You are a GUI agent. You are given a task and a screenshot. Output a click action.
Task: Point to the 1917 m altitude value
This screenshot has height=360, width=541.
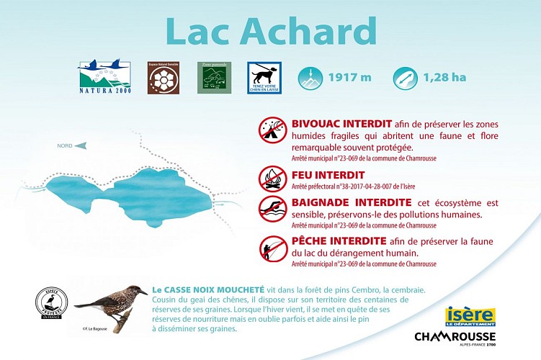(349, 77)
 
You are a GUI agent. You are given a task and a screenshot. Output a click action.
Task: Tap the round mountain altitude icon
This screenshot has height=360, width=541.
(311, 77)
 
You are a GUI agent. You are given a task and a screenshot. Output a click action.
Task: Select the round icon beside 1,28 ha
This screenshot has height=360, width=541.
(405, 77)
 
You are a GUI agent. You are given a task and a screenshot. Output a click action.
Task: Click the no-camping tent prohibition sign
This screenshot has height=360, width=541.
(273, 130)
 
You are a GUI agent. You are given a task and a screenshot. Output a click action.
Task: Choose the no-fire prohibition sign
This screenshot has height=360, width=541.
(273, 176)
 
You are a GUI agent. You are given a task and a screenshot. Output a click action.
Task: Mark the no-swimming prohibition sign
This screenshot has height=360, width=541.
(273, 208)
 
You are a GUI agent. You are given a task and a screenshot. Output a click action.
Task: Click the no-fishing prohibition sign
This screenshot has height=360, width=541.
(273, 248)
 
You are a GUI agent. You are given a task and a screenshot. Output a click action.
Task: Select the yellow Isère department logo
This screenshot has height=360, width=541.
(470, 316)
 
